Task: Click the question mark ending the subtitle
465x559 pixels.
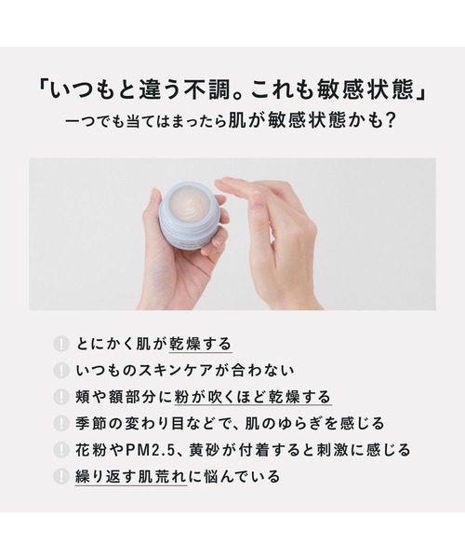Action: tap(390, 120)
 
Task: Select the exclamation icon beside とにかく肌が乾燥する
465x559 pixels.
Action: tap(60, 345)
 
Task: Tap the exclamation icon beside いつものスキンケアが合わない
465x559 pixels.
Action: tap(60, 371)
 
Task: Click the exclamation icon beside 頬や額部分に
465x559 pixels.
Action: tap(60, 397)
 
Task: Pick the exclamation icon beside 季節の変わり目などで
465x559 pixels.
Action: tap(60, 424)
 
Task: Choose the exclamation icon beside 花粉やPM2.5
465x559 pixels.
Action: tap(60, 450)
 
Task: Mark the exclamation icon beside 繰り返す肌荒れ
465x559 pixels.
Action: tap(60, 476)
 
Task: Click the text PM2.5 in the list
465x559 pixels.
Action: tap(151, 450)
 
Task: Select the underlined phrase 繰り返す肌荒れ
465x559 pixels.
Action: tap(131, 477)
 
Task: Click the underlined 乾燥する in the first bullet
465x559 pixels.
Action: tap(200, 345)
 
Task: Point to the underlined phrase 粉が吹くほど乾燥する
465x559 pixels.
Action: tap(253, 397)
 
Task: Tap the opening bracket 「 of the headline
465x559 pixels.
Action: tap(44, 86)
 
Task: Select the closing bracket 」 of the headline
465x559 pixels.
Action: tap(421, 92)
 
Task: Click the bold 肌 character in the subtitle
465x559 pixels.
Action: tap(236, 120)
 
